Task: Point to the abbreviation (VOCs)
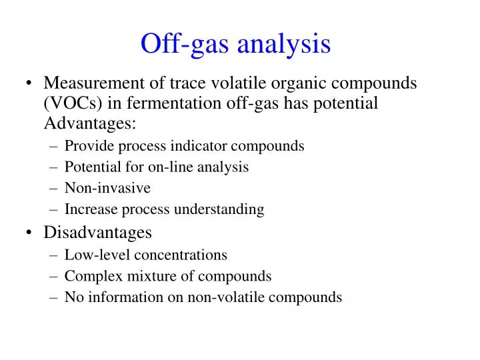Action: (68, 103)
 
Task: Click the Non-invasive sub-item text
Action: (107, 188)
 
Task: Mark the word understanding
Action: (219, 209)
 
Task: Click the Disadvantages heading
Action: (97, 233)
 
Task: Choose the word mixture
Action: (141, 276)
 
